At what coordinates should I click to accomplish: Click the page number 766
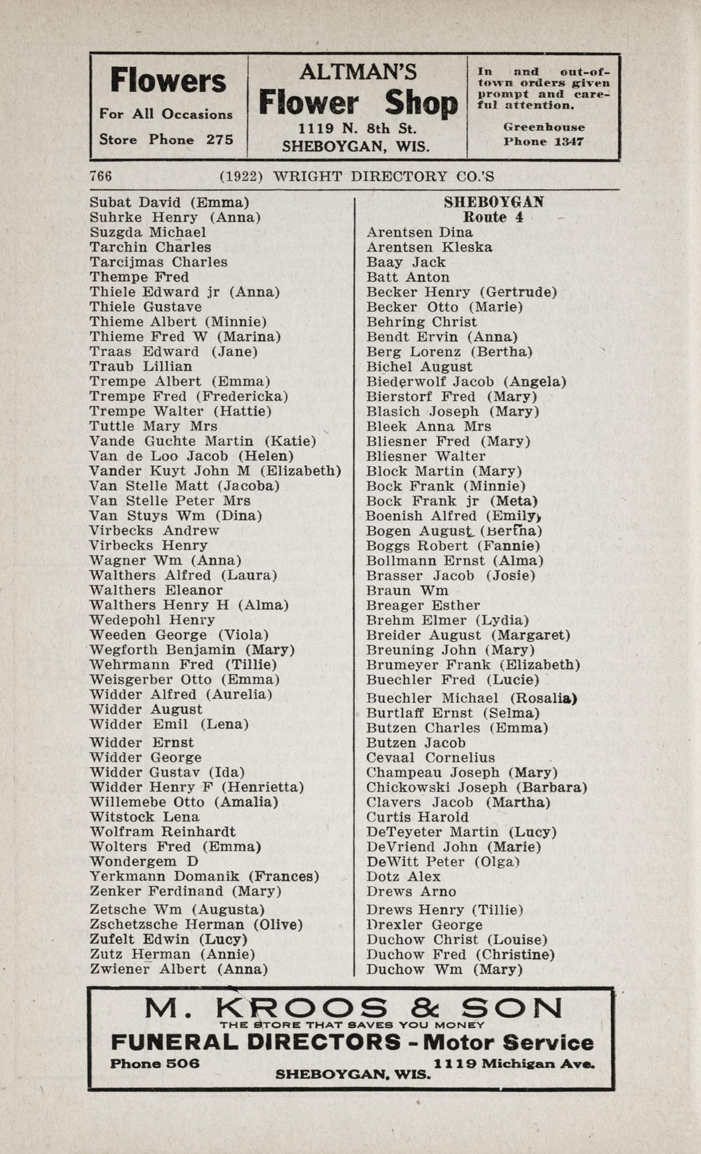click(x=101, y=176)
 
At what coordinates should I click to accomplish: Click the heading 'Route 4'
click(x=493, y=217)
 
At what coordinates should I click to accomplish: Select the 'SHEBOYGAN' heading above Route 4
click(x=494, y=202)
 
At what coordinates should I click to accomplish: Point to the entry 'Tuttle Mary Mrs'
click(x=154, y=426)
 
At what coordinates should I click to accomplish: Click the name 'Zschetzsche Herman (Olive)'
click(x=196, y=924)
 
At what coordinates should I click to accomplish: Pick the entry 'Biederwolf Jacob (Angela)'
click(x=466, y=382)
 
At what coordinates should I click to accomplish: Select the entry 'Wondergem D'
click(x=144, y=862)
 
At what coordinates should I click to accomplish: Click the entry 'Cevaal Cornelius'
click(x=431, y=758)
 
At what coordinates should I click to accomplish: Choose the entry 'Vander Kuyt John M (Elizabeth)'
click(x=216, y=471)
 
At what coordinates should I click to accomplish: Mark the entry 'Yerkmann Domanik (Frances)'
click(x=204, y=876)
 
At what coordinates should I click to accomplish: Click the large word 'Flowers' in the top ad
click(x=168, y=81)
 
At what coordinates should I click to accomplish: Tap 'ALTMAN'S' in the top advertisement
click(x=358, y=72)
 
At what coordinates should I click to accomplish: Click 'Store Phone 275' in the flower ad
click(x=166, y=140)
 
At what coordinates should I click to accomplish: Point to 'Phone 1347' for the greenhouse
click(x=544, y=142)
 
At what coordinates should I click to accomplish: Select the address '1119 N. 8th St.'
click(x=357, y=129)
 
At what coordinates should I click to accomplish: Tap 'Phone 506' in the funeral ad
click(x=155, y=1063)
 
